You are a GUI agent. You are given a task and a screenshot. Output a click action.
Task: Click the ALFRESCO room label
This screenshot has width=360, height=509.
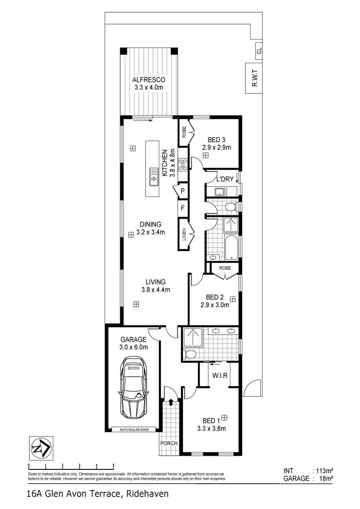point(148,80)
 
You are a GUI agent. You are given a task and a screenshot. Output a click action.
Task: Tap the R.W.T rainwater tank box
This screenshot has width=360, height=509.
point(254,78)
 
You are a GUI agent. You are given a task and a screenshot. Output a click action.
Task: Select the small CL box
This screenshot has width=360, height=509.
point(259,51)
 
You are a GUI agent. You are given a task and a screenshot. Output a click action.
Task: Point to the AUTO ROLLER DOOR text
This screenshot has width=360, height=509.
point(134,429)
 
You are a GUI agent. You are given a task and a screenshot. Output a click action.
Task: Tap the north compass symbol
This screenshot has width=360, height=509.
point(41,448)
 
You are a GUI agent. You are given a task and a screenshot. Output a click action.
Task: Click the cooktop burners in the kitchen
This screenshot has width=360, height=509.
point(183,164)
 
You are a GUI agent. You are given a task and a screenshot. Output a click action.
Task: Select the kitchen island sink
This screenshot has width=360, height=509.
point(154,177)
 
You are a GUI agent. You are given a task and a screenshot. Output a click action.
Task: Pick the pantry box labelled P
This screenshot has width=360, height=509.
point(182,191)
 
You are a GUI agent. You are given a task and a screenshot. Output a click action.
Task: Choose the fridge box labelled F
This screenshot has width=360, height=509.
point(182,207)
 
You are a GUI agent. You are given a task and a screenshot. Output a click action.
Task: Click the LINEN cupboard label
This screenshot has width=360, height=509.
point(184,234)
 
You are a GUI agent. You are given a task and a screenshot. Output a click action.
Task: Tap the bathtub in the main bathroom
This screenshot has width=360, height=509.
point(231,248)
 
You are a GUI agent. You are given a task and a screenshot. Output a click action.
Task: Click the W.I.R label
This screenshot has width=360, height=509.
point(220,376)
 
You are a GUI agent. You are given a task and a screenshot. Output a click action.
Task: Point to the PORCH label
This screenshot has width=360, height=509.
point(169,443)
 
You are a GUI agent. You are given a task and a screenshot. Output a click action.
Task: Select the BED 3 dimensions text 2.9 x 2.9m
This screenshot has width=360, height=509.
point(217,148)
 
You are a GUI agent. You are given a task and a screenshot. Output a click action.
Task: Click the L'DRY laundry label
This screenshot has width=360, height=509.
point(225,179)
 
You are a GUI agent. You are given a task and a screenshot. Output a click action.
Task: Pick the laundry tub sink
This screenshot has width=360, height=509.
point(220,191)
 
